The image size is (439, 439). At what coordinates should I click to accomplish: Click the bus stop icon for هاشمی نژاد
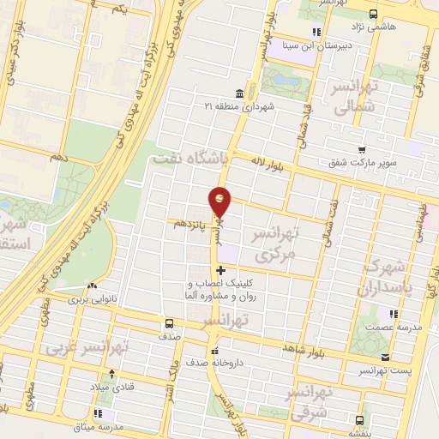coord(374,13)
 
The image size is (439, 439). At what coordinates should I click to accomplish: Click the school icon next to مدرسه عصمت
coord(393,314)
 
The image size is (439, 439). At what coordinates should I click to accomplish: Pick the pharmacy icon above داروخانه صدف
coord(215,350)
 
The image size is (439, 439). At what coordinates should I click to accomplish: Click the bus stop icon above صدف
coord(169,323)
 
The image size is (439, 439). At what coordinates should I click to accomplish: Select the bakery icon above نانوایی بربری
coord(93,286)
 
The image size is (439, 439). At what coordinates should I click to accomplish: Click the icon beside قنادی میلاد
coord(111,374)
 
